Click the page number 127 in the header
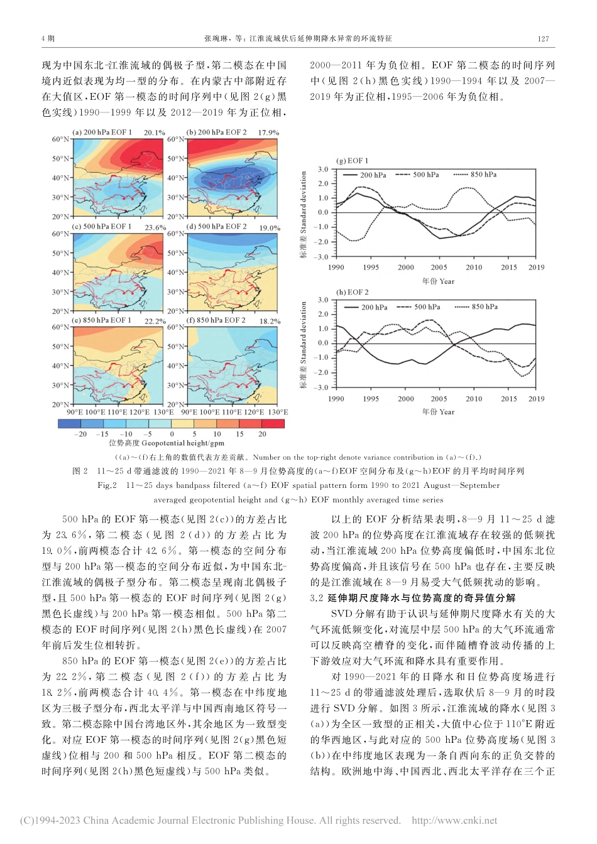(x=544, y=38)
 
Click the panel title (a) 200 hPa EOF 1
(x=103, y=133)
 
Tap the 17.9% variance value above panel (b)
(x=268, y=133)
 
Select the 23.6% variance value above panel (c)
(x=155, y=228)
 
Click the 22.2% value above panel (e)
(x=155, y=322)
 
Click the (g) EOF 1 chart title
(x=353, y=161)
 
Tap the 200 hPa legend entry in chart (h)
(x=373, y=307)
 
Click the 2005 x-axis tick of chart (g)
(x=439, y=268)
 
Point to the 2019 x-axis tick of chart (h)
(x=536, y=399)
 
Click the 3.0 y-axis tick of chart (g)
(x=323, y=170)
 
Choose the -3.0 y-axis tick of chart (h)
(x=321, y=387)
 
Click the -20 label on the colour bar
(x=80, y=434)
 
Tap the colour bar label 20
(x=262, y=434)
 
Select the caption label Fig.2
(x=107, y=485)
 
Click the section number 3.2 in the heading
(x=316, y=598)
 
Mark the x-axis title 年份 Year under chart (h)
(x=438, y=412)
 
